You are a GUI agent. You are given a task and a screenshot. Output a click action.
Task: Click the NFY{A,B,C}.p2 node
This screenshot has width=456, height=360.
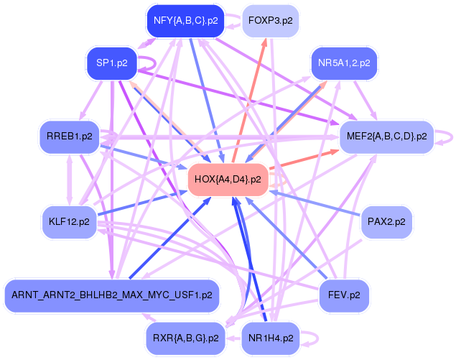coord(185,21)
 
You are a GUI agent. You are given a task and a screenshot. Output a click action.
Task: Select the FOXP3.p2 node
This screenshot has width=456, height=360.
coord(270,21)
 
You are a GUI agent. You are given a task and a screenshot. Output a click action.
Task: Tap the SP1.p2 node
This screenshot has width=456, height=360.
coord(111,63)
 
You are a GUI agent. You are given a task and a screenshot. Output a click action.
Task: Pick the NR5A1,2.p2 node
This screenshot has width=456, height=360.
coord(344,63)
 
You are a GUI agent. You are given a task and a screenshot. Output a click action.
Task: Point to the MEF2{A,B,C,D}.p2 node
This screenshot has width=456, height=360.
coord(386,136)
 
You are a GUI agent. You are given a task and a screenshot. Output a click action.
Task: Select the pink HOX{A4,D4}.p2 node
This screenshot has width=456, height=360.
coord(227,179)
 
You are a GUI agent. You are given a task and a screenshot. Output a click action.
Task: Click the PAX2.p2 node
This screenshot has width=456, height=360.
coord(386,221)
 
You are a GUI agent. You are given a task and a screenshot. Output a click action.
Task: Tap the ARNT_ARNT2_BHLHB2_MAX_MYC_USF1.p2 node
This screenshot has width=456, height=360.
coord(111,295)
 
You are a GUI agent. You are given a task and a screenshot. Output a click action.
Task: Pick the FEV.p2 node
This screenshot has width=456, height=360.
coord(344,295)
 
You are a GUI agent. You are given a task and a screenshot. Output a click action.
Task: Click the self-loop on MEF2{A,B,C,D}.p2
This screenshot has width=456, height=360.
coord(450,136)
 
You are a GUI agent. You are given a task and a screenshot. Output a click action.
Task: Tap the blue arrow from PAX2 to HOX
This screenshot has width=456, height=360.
coord(316,203)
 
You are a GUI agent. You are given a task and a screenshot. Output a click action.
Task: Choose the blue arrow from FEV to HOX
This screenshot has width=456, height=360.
coord(287,238)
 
